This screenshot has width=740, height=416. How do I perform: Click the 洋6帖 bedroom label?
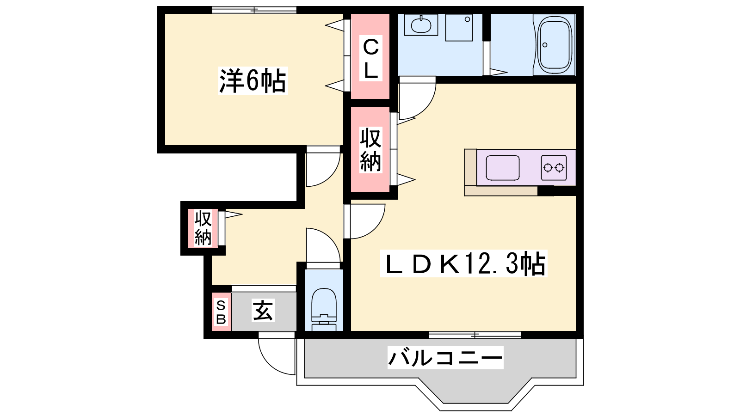point(253,81)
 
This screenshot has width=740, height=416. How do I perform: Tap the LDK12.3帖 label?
point(464,263)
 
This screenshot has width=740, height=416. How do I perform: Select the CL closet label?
point(370,58)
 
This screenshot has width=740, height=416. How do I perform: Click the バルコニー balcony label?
point(445,358)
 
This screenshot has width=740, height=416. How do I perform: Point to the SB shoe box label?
point(221,312)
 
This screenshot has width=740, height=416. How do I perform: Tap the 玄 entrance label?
point(263,310)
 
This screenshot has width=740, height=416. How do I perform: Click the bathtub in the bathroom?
point(555,45)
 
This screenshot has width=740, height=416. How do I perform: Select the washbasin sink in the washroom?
point(421,25)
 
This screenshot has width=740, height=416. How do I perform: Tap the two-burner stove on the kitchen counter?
point(554,168)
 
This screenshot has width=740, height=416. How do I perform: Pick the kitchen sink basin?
point(502,168)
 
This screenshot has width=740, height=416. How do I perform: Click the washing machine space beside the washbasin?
point(459,28)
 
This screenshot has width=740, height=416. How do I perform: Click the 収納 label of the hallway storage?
point(203,228)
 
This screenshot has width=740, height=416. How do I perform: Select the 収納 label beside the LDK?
point(370,150)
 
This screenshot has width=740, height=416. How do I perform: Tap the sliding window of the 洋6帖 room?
point(254,10)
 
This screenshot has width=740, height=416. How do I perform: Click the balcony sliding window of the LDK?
point(475,335)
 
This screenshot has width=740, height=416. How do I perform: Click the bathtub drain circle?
point(545,45)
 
